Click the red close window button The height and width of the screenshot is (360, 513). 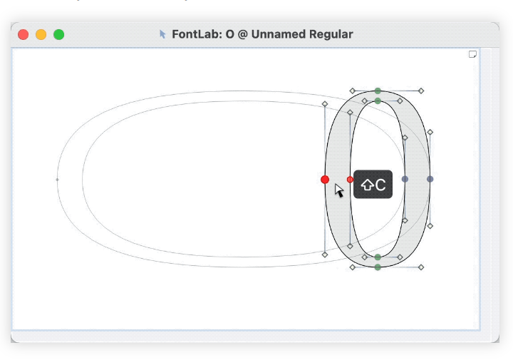[x=24, y=34]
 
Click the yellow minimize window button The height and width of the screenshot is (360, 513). [x=41, y=34]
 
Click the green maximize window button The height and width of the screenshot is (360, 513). [x=59, y=34]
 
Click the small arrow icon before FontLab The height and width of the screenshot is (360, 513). [x=162, y=34]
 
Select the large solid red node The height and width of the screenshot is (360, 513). [x=325, y=180]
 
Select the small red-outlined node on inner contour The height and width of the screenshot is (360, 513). [x=350, y=180]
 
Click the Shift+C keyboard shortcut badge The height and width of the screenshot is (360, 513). [x=373, y=184]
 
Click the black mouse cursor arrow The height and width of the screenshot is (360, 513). [x=338, y=190]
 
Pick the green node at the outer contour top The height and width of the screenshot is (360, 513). [x=378, y=91]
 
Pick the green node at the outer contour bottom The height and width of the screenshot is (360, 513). [x=378, y=267]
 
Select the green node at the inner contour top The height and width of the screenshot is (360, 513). [x=378, y=101]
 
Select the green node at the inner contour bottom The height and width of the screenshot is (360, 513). [x=378, y=257]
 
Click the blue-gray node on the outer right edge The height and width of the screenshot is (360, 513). [x=430, y=179]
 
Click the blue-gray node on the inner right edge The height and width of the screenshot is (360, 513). [x=405, y=179]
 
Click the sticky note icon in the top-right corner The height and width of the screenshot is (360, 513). [x=472, y=54]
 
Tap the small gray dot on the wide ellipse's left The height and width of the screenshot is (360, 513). [x=57, y=180]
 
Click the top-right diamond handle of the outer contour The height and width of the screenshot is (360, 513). [x=421, y=91]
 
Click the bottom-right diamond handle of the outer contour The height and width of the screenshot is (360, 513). [x=421, y=267]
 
